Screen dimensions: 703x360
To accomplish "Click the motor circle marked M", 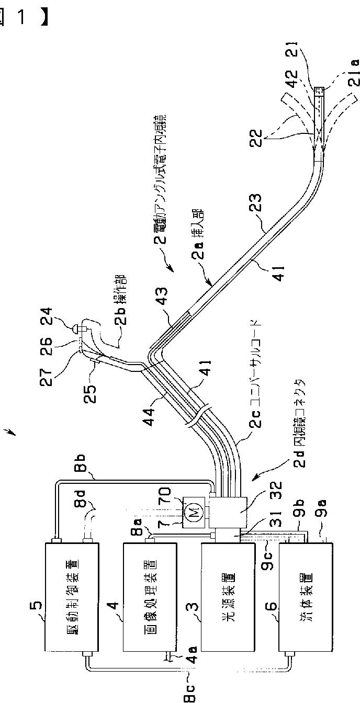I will [x=193, y=515].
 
